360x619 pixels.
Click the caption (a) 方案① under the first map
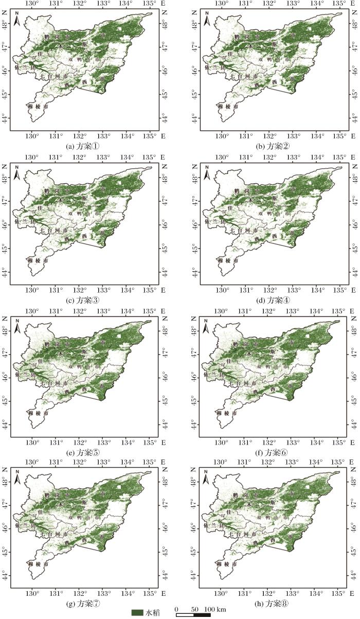85,146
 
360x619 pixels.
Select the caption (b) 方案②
275,146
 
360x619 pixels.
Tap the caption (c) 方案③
85,300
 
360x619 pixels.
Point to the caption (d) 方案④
275,300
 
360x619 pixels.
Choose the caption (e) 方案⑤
85,453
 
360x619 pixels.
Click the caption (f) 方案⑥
275,453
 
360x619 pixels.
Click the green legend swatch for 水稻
137,612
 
